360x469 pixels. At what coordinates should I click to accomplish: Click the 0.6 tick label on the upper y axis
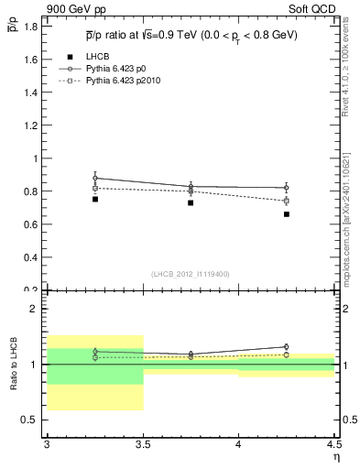click(x=30, y=224)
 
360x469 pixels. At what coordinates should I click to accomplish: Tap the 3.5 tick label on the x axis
click(x=143, y=445)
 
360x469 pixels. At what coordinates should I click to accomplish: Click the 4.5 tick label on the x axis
click(x=334, y=445)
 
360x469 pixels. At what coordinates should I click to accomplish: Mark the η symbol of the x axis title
click(x=334, y=457)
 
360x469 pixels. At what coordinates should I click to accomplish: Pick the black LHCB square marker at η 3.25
click(x=95, y=199)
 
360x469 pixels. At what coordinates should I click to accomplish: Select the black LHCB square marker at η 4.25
click(x=287, y=214)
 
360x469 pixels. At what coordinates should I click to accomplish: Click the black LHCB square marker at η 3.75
click(x=191, y=202)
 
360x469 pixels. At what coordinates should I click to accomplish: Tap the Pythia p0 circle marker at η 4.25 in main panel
click(x=287, y=188)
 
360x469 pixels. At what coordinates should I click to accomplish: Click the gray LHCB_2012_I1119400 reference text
click(x=191, y=273)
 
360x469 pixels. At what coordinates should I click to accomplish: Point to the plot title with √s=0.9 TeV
click(x=191, y=36)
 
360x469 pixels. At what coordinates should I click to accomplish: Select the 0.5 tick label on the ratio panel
click(x=30, y=420)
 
